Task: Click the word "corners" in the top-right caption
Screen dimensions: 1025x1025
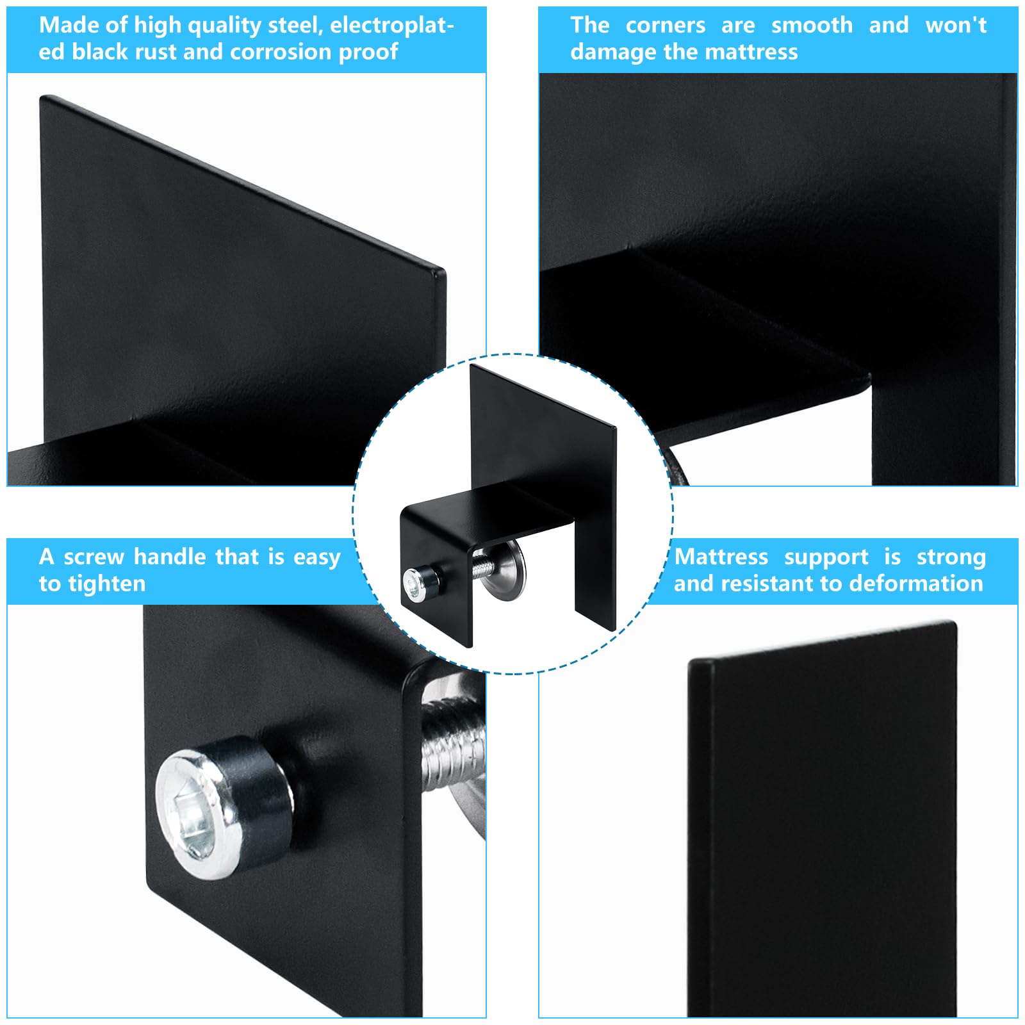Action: click(665, 25)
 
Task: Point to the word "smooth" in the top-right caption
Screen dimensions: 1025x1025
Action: click(812, 25)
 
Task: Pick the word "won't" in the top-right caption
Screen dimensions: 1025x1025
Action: click(956, 25)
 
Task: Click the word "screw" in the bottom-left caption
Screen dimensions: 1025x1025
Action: click(94, 557)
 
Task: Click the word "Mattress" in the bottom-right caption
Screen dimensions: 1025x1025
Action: click(721, 557)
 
